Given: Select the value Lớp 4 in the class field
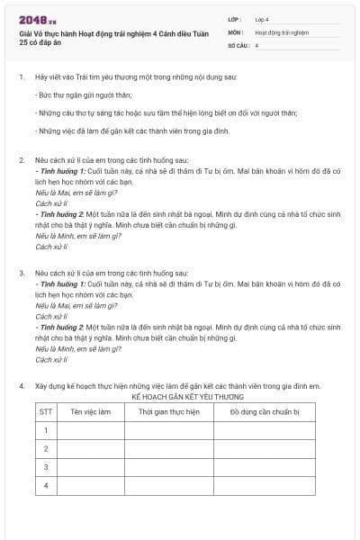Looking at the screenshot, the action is pyautogui.click(x=262, y=18).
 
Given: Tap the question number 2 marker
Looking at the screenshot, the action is pyautogui.click(x=21, y=159).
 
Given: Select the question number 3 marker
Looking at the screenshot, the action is pyautogui.click(x=21, y=271).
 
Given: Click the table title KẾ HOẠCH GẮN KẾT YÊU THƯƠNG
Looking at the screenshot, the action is pyautogui.click(x=182, y=396).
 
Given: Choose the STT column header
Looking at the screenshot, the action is pyautogui.click(x=46, y=411).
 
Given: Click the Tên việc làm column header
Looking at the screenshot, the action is pyautogui.click(x=91, y=411).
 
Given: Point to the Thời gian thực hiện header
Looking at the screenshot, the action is pyautogui.click(x=168, y=411).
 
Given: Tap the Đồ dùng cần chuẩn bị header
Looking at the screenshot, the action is pyautogui.click(x=264, y=411).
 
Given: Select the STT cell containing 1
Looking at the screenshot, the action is pyautogui.click(x=46, y=430).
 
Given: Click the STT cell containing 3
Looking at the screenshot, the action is pyautogui.click(x=46, y=467).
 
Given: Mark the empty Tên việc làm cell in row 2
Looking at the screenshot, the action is pyautogui.click(x=91, y=448).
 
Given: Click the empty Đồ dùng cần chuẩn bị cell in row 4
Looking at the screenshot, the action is pyautogui.click(x=264, y=486).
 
